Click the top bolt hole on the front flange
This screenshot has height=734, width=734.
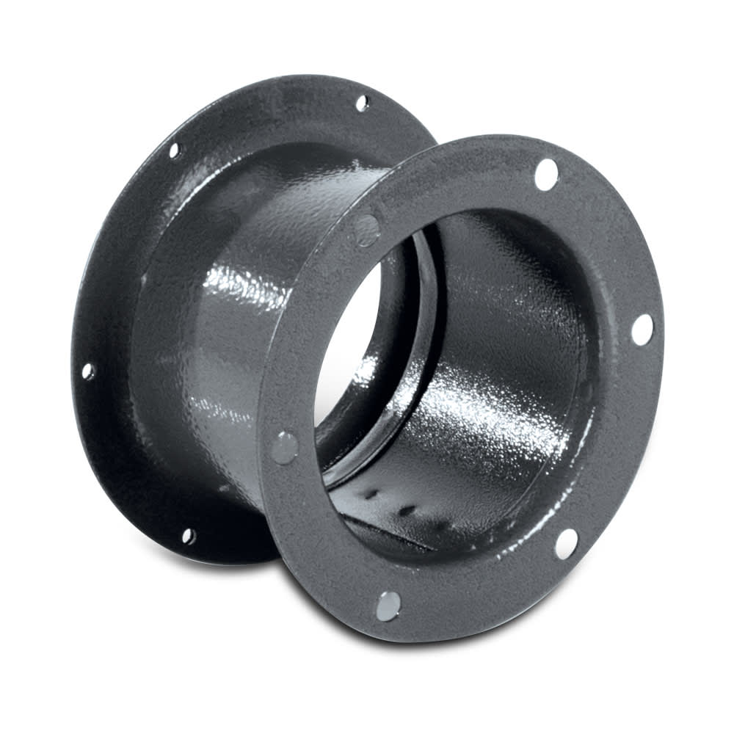click(x=546, y=174)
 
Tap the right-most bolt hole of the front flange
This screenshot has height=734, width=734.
click(x=642, y=330)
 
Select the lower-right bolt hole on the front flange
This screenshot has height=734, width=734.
click(x=566, y=544)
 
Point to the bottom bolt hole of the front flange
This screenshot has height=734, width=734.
click(x=388, y=606)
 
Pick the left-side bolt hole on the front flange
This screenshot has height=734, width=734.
click(x=284, y=447)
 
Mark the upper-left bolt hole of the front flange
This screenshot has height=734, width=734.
click(x=366, y=229)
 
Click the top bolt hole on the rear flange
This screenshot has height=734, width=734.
click(x=362, y=103)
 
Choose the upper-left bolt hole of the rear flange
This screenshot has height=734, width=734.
click(x=175, y=150)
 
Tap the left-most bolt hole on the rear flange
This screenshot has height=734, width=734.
click(x=87, y=371)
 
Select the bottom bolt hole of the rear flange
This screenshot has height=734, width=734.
click(x=189, y=537)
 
